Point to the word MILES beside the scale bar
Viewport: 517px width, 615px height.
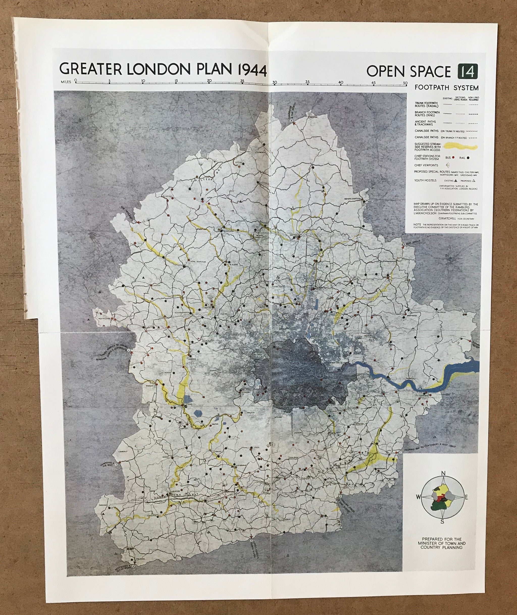click(66, 82)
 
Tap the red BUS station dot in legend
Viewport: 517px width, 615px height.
click(453, 158)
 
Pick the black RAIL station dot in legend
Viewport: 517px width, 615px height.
click(468, 158)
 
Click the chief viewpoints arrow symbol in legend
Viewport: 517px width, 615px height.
click(448, 165)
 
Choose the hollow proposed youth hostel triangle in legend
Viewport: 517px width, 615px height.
click(474, 181)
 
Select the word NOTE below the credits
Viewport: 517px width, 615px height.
click(417, 224)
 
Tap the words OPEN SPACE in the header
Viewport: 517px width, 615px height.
click(408, 71)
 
